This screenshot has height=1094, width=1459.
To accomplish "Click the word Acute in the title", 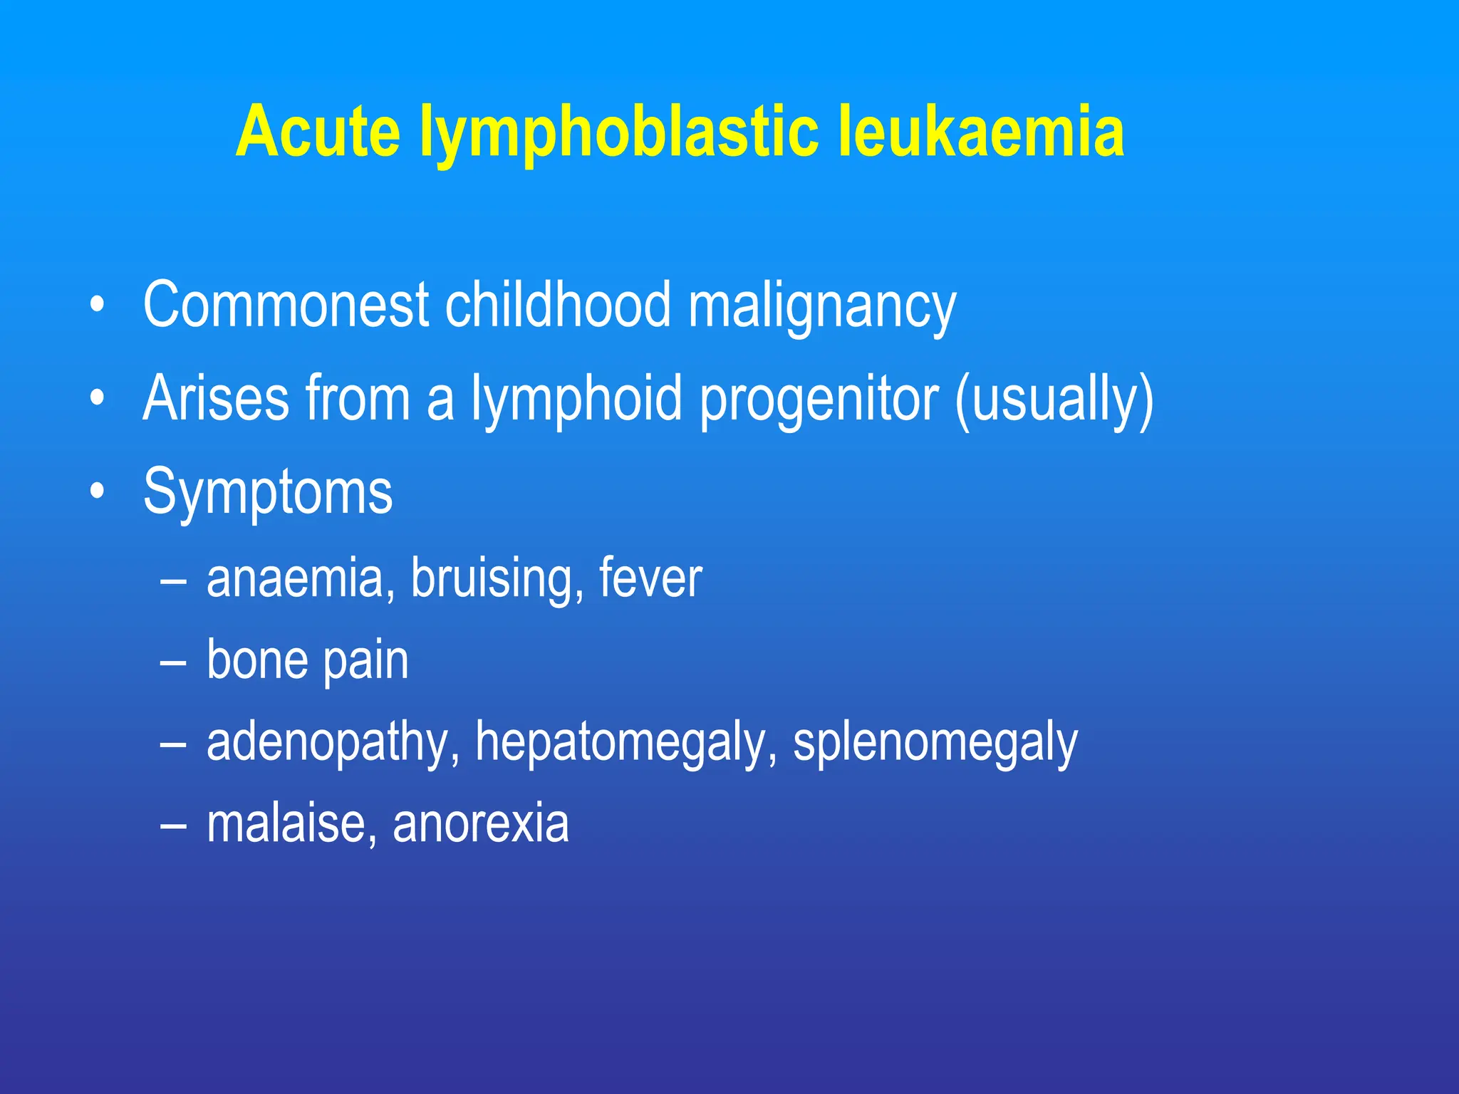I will tap(318, 132).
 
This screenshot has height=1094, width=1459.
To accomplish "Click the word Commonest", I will tap(286, 305).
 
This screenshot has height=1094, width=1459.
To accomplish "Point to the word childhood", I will tap(558, 305).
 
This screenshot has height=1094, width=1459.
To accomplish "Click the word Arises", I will tap(216, 398).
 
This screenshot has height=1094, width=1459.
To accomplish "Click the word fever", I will tap(650, 578).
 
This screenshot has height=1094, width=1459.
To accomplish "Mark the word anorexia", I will tap(481, 824).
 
